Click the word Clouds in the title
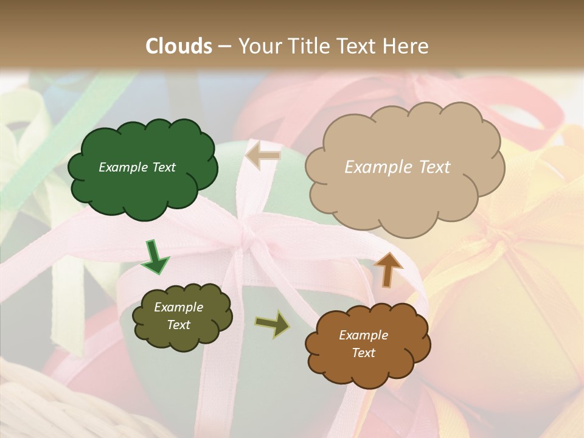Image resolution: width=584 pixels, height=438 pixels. click(179, 46)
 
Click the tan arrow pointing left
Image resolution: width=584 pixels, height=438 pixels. click(262, 156)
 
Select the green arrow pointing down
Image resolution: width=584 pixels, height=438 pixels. click(155, 258)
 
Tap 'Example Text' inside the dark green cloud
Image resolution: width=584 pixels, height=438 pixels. click(137, 167)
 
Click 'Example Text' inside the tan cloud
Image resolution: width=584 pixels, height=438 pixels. click(397, 167)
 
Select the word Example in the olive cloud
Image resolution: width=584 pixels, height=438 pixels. click(178, 307)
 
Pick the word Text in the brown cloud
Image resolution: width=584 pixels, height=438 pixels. click(363, 353)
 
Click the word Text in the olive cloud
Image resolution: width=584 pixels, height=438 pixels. click(178, 325)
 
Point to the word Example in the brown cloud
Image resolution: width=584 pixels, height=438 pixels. click(363, 335)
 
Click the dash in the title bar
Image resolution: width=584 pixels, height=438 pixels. click(224, 46)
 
